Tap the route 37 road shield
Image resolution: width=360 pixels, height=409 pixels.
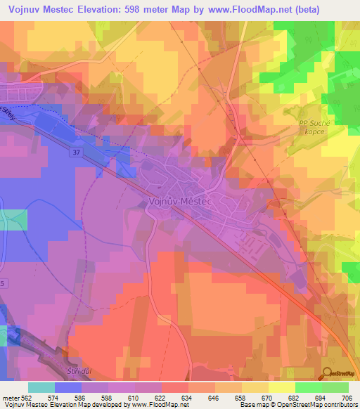point(75,151)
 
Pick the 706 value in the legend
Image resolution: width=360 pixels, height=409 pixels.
point(346,397)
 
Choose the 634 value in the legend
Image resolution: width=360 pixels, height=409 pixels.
point(187,397)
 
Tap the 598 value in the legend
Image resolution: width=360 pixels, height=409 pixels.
point(108,397)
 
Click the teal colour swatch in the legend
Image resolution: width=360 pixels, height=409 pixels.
point(41,387)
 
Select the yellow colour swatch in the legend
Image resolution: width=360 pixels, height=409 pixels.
point(282,387)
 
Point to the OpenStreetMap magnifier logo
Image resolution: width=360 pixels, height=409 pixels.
point(328,373)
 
